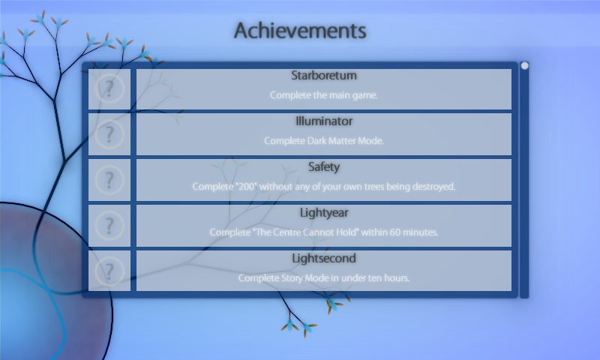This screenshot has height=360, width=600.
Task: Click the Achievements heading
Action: coord(300,31)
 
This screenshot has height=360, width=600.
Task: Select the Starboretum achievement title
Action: coord(324,75)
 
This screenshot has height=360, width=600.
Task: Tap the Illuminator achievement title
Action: coord(324,121)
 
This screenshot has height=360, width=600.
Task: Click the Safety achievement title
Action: coord(324,167)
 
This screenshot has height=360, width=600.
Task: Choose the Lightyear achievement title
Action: coord(324,213)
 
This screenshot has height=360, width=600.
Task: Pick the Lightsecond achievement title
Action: coord(324,259)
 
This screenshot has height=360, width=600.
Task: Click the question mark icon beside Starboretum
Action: coord(109,88)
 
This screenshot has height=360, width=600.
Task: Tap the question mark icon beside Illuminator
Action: coord(109,134)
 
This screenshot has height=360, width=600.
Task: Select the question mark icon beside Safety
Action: coord(109,180)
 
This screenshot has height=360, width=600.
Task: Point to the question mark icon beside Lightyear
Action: coord(109,226)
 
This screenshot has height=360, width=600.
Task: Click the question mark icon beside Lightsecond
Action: coord(109,271)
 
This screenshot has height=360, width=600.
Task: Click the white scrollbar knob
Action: coord(524,66)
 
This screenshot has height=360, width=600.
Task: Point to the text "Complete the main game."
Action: coord(324,95)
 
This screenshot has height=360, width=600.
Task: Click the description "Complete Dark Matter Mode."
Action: coord(324,141)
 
